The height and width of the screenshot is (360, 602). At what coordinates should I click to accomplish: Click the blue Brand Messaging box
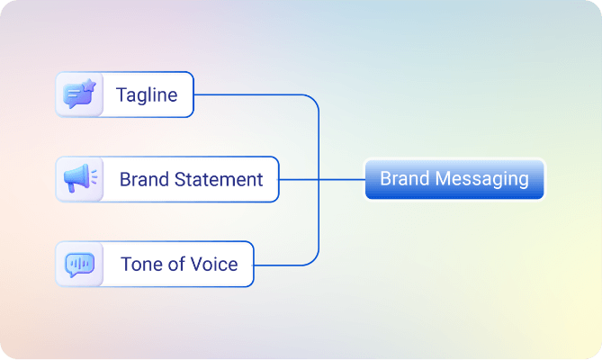tap(454, 179)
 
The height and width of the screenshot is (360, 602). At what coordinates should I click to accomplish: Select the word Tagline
tap(147, 94)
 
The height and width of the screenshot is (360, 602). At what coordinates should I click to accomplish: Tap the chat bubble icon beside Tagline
tap(78, 95)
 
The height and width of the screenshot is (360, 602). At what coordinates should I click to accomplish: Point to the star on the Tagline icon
tap(90, 86)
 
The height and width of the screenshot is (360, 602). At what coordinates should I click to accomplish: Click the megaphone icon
tap(79, 179)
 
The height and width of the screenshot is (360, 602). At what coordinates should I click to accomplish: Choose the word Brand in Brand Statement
tap(144, 179)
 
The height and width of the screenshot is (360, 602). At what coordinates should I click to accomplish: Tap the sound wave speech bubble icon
tap(79, 264)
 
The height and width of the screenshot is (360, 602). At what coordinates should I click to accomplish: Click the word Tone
tap(141, 264)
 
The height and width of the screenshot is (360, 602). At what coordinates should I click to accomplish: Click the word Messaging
tap(485, 178)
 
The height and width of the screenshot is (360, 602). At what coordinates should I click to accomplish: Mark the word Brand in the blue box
tap(404, 178)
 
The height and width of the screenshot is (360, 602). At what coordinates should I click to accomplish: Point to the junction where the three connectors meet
tap(319, 179)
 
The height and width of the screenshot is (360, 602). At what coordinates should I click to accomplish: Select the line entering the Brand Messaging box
tap(342, 179)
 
